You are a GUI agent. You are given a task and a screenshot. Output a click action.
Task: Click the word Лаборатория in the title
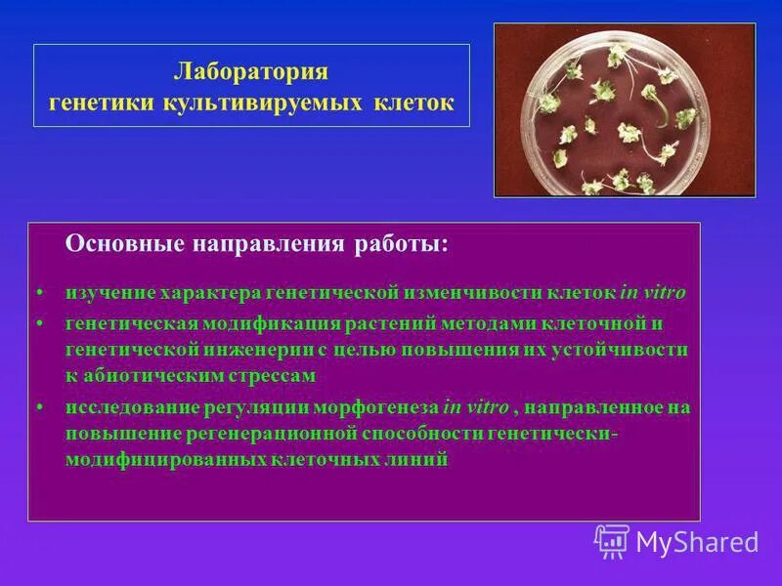point(251,71)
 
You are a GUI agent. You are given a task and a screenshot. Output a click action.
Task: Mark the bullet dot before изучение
point(39,293)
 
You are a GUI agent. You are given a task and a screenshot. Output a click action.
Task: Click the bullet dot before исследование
point(39,408)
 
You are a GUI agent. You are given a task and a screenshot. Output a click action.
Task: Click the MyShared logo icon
point(611,540)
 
